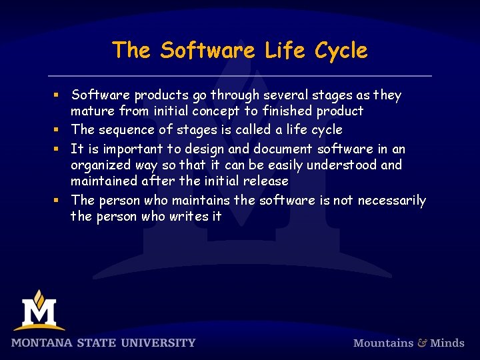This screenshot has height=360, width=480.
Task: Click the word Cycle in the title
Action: pyautogui.click(x=341, y=51)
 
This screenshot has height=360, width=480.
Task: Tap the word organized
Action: pyautogui.click(x=103, y=165)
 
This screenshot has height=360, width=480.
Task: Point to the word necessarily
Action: pyautogui.click(x=392, y=200)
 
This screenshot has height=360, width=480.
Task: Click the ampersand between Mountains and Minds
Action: pyautogui.click(x=422, y=343)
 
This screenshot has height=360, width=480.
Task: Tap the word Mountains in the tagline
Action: pyautogui.click(x=383, y=343)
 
